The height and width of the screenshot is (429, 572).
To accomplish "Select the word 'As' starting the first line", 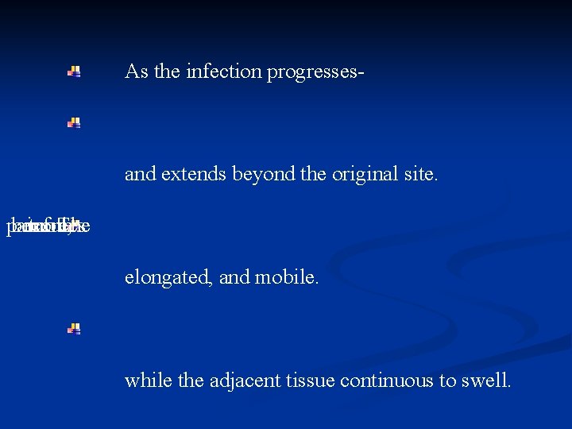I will [136, 71].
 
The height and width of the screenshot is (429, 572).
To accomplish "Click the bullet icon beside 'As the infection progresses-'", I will [73, 71].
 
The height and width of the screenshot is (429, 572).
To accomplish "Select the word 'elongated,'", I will [164, 277].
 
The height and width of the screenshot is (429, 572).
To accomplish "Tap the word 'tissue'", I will [307, 381].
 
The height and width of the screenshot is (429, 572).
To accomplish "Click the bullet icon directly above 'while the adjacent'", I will [73, 328].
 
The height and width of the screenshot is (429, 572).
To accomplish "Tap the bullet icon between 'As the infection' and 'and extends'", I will [73, 122].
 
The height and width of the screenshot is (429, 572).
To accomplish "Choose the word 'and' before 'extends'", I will [140, 174].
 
